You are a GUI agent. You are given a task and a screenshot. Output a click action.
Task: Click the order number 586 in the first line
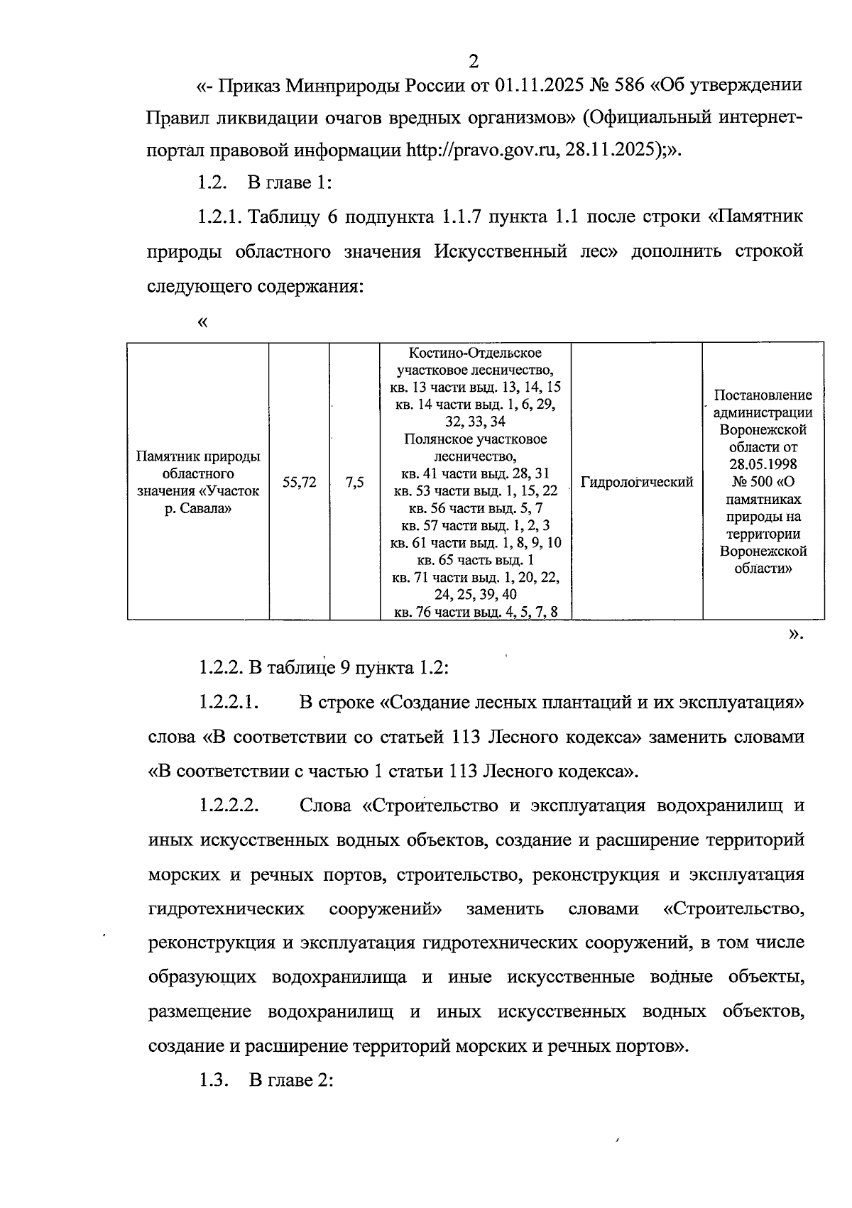point(628,85)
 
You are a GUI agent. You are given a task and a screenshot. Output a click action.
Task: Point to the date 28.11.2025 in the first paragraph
point(614,150)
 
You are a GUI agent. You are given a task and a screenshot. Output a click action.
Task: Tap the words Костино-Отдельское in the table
point(476,353)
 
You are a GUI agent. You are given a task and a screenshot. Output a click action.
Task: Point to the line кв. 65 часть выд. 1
point(476,560)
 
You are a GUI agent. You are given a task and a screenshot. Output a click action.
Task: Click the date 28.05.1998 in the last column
point(763,464)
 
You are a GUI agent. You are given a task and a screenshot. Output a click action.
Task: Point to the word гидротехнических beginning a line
point(226,908)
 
